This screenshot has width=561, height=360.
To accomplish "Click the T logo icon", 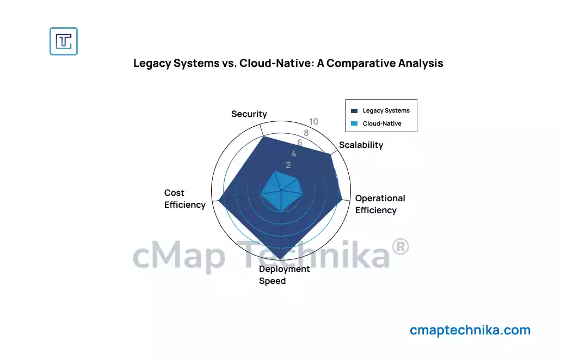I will (64, 41).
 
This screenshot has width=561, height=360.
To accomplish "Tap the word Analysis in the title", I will (421, 64).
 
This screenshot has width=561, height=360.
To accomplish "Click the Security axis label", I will (249, 114).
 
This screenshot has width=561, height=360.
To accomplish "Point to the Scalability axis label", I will (361, 145).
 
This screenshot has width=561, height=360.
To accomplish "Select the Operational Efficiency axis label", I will (380, 204).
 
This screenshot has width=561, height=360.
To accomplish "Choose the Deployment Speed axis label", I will (284, 275).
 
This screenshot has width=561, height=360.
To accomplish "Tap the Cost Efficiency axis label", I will (184, 199).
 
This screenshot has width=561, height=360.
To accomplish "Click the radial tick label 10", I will (313, 122).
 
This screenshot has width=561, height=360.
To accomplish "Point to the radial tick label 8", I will (306, 133).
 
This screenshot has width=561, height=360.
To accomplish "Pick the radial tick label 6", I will (299, 143).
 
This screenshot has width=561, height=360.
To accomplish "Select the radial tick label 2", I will (288, 165).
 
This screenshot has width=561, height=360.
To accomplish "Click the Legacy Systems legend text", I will (386, 110).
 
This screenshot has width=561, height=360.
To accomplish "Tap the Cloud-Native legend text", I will (382, 123).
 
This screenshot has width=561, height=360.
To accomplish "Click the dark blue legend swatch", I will (354, 110).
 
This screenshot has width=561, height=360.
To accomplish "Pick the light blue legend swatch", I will (354, 123).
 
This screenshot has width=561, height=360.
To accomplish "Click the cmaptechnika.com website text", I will (470, 330).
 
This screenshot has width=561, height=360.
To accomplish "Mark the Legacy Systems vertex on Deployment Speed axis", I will (281, 258).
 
